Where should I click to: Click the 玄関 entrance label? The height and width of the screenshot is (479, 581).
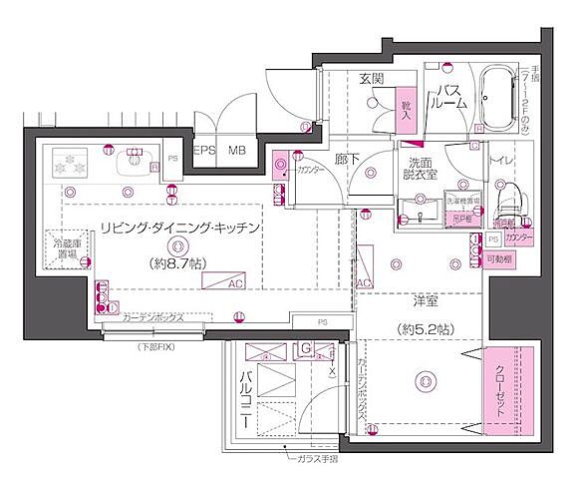pyautogui.click(x=374, y=80)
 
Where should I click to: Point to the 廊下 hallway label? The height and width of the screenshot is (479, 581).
pyautogui.click(x=347, y=158)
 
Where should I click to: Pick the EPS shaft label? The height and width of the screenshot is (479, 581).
pyautogui.click(x=204, y=151)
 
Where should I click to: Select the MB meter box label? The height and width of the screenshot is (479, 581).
pyautogui.click(x=236, y=151)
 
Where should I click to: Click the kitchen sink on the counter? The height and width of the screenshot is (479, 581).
pyautogui.click(x=135, y=162)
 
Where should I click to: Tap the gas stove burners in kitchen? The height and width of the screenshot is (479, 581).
pyautogui.click(x=71, y=162)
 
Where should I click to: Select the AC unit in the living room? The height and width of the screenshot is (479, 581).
pyautogui.click(x=222, y=282)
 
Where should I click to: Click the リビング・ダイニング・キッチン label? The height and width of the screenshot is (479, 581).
pyautogui.click(x=179, y=229)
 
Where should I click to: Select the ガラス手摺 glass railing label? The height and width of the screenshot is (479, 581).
pyautogui.click(x=318, y=461)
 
